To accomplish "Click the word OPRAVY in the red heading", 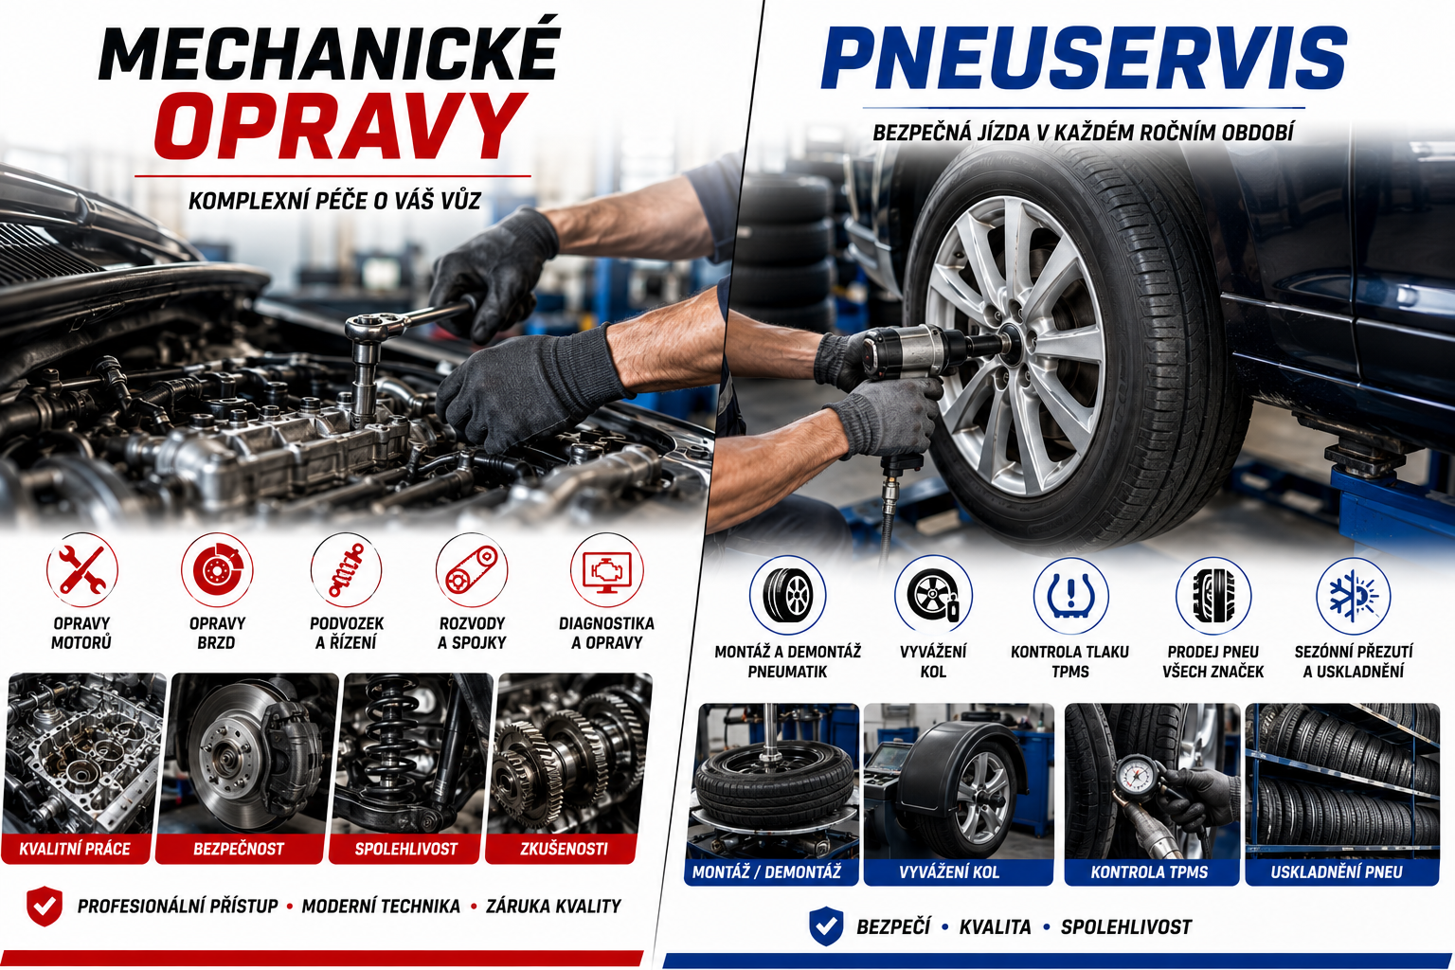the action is [x=340, y=127].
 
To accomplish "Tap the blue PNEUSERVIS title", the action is [x=1084, y=59].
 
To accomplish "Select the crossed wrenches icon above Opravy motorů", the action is [x=81, y=570].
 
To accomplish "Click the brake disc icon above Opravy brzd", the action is [x=216, y=570].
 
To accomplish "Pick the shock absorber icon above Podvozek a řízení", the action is [x=346, y=570].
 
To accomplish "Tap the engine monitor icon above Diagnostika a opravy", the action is [x=606, y=570].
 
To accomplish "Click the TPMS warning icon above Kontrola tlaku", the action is [x=1070, y=596].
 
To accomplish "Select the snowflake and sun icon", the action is [x=1353, y=596].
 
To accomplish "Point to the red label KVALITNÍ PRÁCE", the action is [x=75, y=849].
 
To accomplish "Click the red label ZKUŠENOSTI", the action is [x=564, y=849].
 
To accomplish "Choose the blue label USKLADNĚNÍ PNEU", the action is [x=1337, y=871].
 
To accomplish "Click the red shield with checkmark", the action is [x=45, y=905].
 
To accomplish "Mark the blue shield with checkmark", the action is [x=826, y=925].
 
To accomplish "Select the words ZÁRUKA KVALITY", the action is [x=553, y=907].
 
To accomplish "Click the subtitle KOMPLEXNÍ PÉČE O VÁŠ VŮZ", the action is [x=334, y=201].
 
